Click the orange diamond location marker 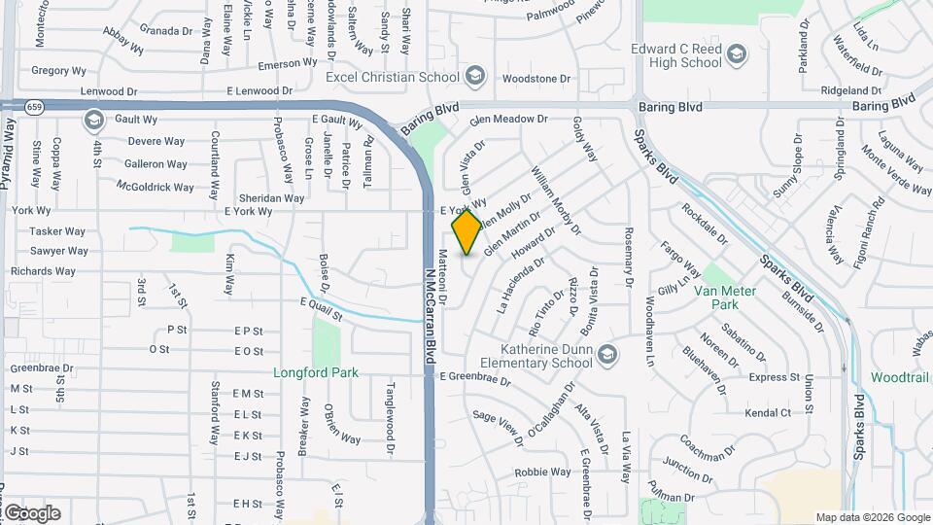tap(467, 232)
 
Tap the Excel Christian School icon tap(475, 76)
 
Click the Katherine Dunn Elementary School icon tap(608, 353)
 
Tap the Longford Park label tap(316, 372)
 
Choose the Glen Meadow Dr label tap(508, 120)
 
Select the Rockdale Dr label tap(704, 224)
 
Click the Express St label tap(774, 377)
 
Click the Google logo tap(31, 512)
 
